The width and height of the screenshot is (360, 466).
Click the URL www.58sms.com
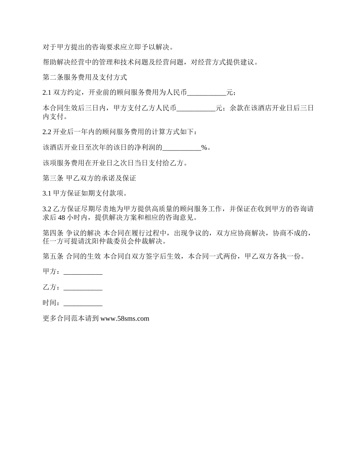[x=125, y=319]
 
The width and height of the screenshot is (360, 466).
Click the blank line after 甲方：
[x=83, y=272]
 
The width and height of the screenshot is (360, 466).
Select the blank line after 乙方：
[x=83, y=288]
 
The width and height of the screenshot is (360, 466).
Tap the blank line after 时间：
[x=83, y=303]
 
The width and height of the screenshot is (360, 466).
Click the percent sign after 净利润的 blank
[x=204, y=148]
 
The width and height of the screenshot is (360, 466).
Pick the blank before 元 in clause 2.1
[x=207, y=93]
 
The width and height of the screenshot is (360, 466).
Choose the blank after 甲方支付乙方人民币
[x=196, y=108]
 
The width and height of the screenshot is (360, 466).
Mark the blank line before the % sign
[x=182, y=148]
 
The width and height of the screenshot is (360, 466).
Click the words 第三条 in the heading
[x=53, y=178]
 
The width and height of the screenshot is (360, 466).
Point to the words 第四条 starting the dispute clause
[x=53, y=233]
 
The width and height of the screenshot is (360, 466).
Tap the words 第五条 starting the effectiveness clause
[x=53, y=256]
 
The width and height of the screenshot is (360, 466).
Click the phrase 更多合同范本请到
[x=71, y=319]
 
